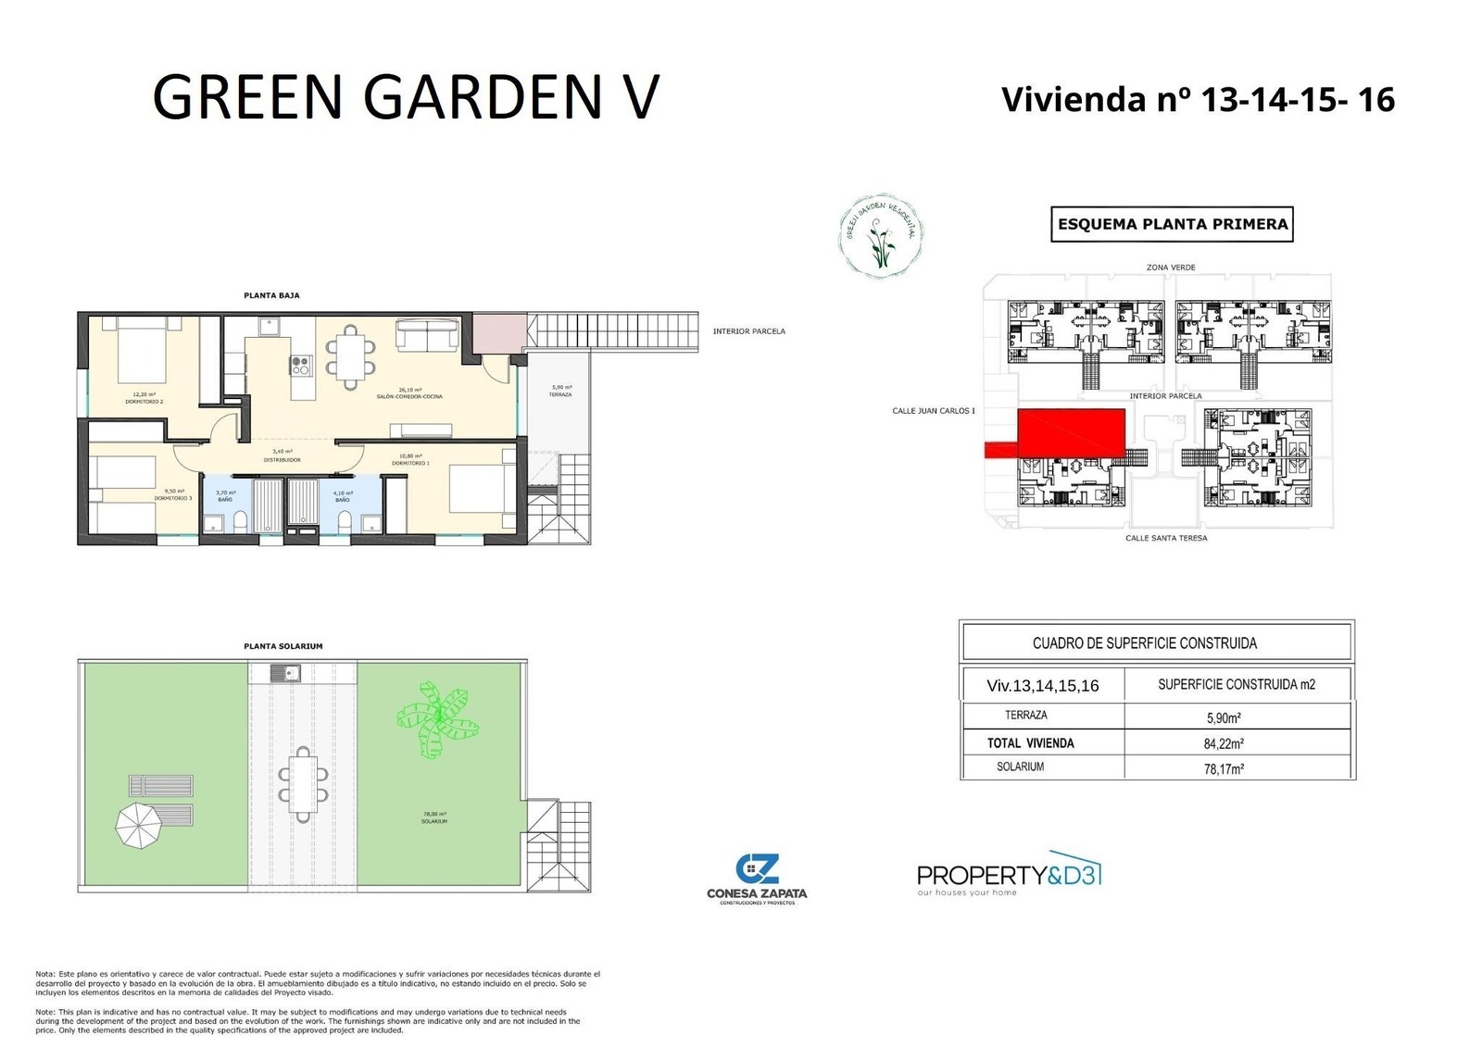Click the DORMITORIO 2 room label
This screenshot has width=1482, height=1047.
click(144, 398)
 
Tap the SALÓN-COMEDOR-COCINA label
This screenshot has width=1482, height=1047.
click(409, 393)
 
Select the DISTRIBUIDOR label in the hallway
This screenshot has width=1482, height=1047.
click(282, 456)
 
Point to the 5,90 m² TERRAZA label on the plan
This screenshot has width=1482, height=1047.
click(560, 392)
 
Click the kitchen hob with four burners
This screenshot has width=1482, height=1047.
click(301, 366)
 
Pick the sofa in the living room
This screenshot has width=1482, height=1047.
click(427, 334)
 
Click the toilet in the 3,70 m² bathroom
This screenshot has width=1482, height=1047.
click(240, 522)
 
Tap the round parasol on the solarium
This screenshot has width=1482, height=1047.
click(140, 825)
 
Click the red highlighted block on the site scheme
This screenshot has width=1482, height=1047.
click(1071, 433)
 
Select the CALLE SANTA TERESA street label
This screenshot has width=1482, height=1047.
click(1166, 538)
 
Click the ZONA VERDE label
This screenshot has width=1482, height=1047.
click(1171, 268)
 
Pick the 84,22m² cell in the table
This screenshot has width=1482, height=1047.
click(1224, 742)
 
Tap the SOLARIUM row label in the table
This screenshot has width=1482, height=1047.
click(1020, 767)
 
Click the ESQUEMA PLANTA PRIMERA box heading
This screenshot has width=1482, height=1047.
click(1172, 224)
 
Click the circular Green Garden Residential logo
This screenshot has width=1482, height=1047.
click(879, 237)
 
